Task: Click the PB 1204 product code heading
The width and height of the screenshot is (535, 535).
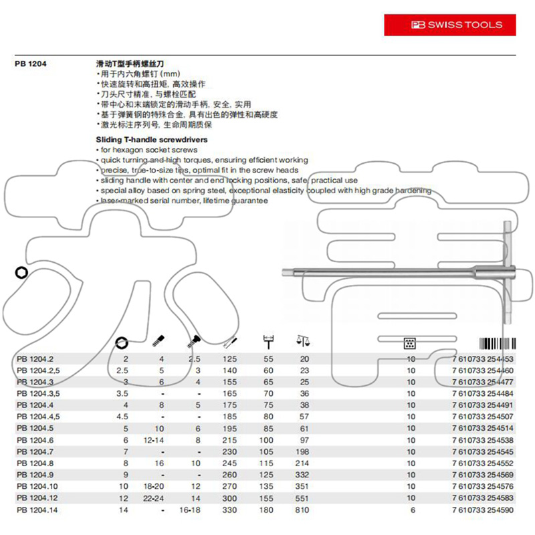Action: coord(31,64)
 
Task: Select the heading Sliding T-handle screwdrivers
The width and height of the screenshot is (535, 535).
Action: coord(152,140)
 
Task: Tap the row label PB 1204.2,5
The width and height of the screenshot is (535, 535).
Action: coord(41,370)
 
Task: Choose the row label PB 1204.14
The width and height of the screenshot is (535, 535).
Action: coord(39,510)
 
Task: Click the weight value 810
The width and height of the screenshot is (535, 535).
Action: coord(304,510)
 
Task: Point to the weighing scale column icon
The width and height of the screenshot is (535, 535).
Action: coord(304,342)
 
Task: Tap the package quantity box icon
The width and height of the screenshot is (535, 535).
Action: coord(411,344)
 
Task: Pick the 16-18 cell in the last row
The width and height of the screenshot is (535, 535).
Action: coord(193,510)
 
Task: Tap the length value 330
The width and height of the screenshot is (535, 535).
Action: coord(229,510)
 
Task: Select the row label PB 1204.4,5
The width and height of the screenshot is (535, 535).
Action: coord(41,417)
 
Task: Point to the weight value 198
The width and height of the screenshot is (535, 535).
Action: coord(304,451)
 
